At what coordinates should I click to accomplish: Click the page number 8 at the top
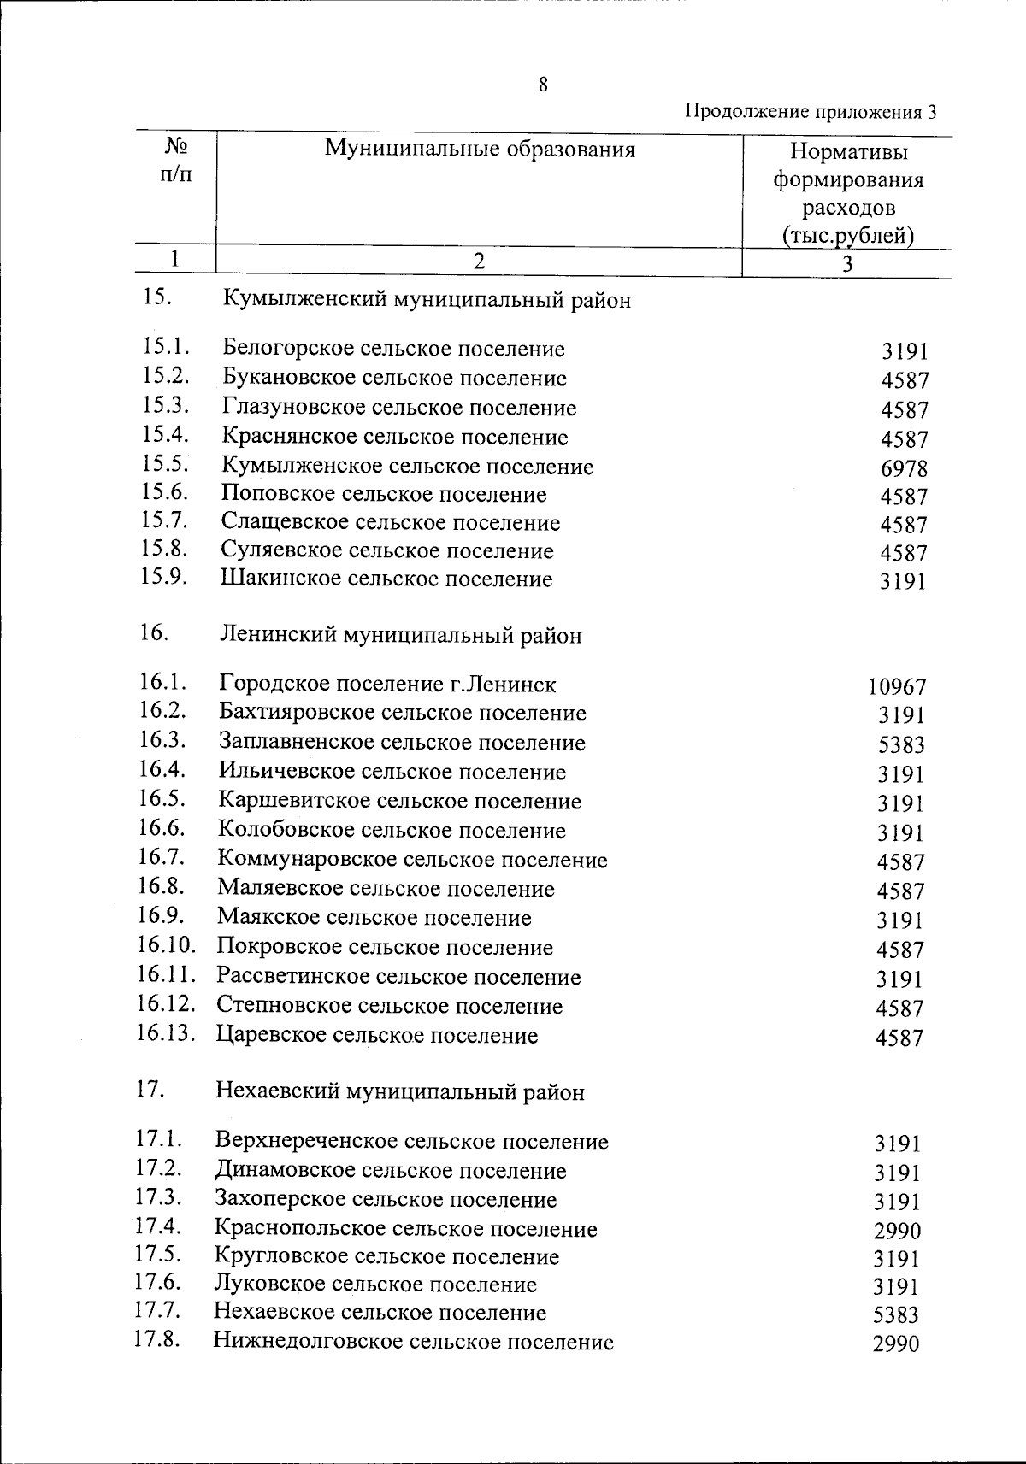tap(543, 85)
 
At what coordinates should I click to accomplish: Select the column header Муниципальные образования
tap(480, 150)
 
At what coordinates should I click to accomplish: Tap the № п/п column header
tap(176, 160)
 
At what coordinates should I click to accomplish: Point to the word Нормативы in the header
tap(848, 152)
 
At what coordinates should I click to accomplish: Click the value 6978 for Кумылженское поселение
tap(904, 468)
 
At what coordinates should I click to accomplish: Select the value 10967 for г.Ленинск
tap(897, 686)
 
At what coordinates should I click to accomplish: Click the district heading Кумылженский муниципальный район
tap(427, 300)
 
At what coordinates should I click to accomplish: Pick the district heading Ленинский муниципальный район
tap(401, 635)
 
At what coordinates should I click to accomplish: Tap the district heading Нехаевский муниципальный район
tap(400, 1091)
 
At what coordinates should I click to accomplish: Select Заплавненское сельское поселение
tap(402, 742)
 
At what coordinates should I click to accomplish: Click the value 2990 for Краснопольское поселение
tap(897, 1231)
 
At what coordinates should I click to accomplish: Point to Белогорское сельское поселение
tap(393, 349)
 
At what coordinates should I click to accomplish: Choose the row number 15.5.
tap(165, 464)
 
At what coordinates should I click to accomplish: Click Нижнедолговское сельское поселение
tap(413, 1341)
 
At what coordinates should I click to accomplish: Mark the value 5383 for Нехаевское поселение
tap(896, 1314)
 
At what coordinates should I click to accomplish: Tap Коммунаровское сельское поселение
tap(412, 860)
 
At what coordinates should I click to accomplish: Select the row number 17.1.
tap(159, 1138)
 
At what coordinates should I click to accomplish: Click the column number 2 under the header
tap(479, 262)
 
